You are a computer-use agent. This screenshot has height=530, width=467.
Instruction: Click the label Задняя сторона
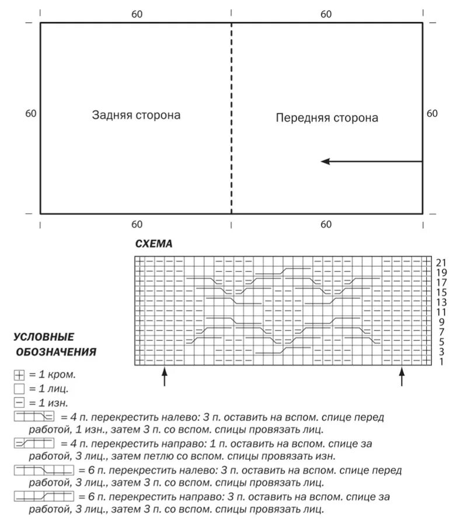pos(136,115)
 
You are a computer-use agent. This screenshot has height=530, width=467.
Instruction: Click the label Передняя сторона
pos(327,118)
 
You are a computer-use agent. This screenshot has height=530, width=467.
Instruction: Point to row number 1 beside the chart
pos(441,362)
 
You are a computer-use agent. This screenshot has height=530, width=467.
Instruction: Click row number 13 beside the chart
pos(441,302)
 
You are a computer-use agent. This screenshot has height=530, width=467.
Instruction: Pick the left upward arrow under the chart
pos(165,376)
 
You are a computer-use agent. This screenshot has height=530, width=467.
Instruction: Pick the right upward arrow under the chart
pos(402,376)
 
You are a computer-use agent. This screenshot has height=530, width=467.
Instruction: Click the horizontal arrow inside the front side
pos(371,161)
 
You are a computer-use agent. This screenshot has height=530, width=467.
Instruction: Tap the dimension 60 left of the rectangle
pos(31,113)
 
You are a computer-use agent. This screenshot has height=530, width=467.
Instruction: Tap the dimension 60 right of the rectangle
pos(432,113)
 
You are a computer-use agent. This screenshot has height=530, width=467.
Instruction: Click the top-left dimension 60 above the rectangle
pos(137,13)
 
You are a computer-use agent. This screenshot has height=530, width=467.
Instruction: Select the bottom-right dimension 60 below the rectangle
pos(326,224)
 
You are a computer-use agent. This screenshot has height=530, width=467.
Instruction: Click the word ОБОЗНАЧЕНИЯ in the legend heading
pos(56,352)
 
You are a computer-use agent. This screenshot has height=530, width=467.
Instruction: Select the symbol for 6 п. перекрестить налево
pos(44,470)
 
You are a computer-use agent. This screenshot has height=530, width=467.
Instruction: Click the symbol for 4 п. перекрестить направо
pos(33,444)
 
